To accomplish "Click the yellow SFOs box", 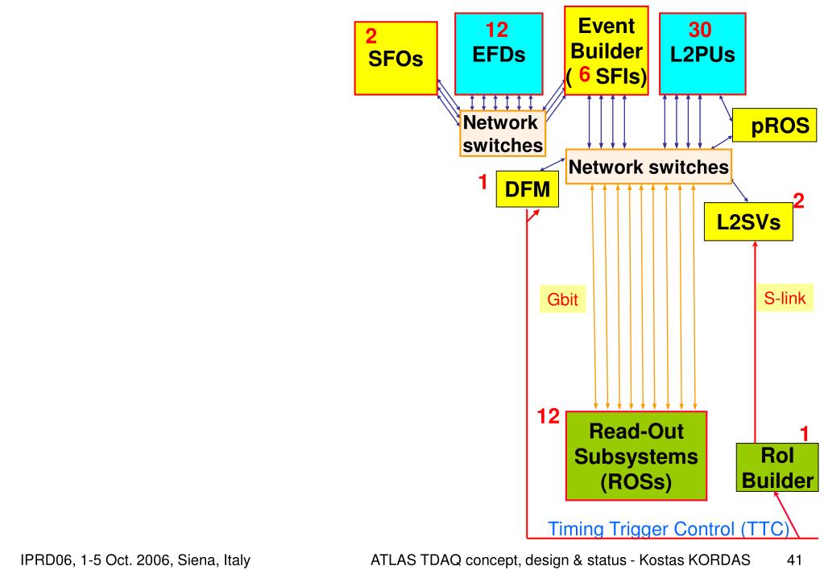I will pos(396,58).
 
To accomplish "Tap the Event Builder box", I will pos(606,50).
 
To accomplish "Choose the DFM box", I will pos(526,189).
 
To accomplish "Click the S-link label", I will pos(789,298).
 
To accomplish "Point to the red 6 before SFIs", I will pos(587,81).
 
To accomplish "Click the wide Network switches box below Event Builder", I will pos(649,167).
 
